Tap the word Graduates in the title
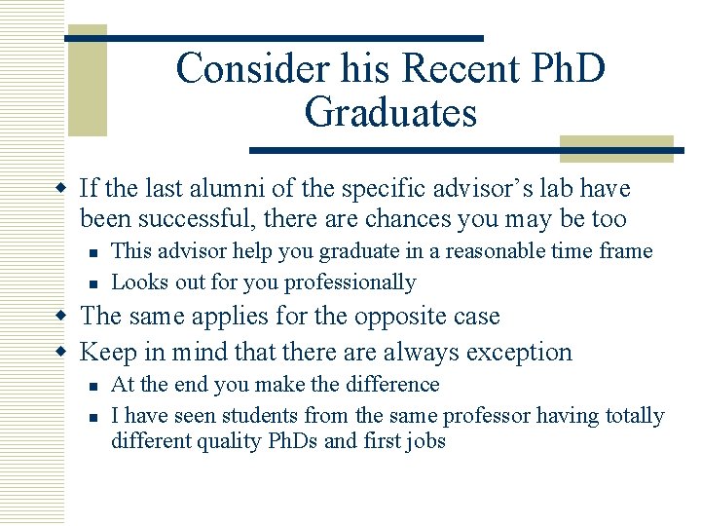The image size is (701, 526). point(390,112)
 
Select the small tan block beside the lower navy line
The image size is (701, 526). point(616,148)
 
